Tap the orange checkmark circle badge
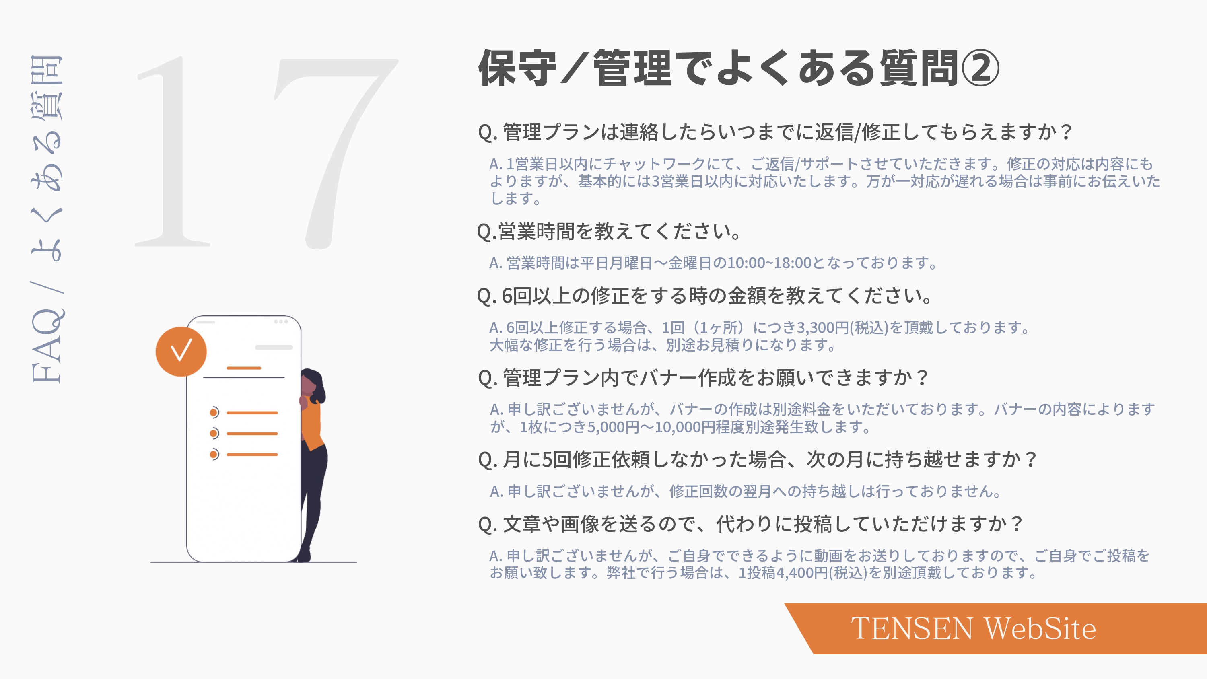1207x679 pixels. pyautogui.click(x=181, y=352)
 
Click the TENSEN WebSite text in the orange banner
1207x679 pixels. pyautogui.click(x=973, y=628)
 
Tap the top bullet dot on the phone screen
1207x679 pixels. pyautogui.click(x=214, y=412)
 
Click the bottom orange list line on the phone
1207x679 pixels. pyautogui.click(x=252, y=455)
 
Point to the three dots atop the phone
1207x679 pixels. pyautogui.click(x=281, y=321)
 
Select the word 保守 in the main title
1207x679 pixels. pyautogui.click(x=517, y=69)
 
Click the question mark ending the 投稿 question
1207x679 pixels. pyautogui.click(x=1016, y=524)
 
